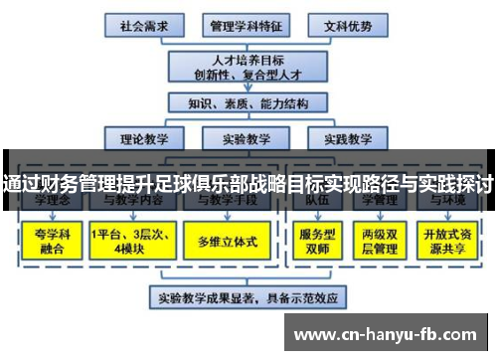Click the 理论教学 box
coord(144,139)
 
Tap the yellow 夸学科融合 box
coord(46,241)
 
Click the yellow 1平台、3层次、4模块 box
coord(129,241)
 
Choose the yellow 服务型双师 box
coord(316,241)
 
